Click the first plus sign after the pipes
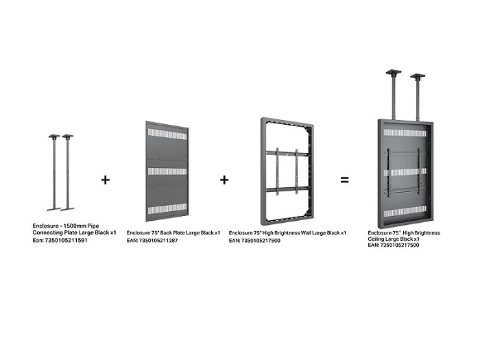pyautogui.click(x=106, y=180)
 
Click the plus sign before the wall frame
pyautogui.click(x=224, y=180)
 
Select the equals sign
pyautogui.click(x=345, y=180)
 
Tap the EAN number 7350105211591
pyautogui.click(x=66, y=240)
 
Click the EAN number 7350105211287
pyautogui.click(x=158, y=240)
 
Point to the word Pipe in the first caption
pyautogui.click(x=93, y=226)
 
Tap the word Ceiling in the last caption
pyautogui.click(x=376, y=239)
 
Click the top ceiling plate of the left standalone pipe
pyautogui.click(x=54, y=136)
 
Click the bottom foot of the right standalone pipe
pyautogui.click(x=68, y=209)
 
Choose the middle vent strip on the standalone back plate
pyautogui.click(x=167, y=171)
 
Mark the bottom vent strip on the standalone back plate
pyautogui.click(x=167, y=208)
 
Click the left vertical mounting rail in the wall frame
pyautogui.click(x=277, y=171)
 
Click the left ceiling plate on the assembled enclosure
pyautogui.click(x=394, y=72)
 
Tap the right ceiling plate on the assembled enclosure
pyautogui.click(x=418, y=75)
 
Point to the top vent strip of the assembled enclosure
pyautogui.click(x=405, y=133)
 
